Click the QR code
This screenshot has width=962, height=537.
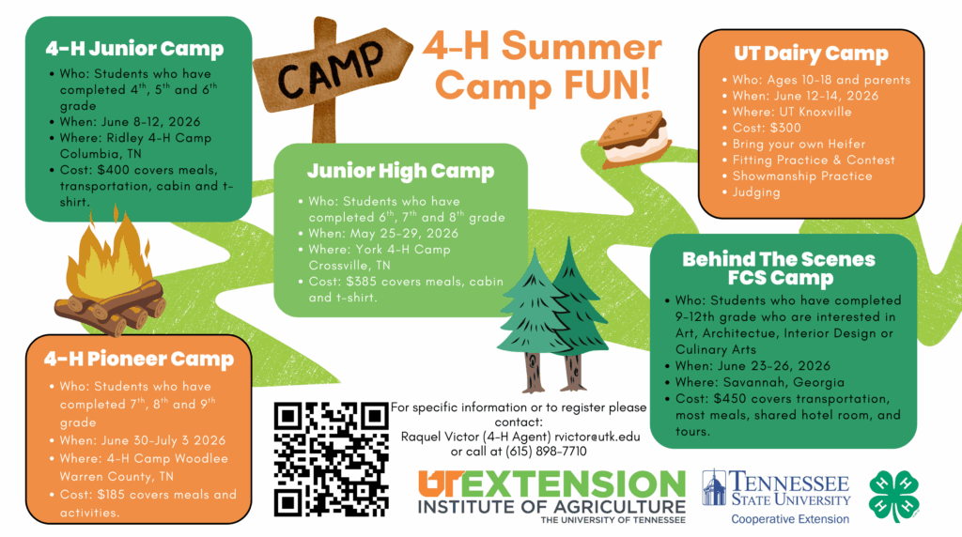332,459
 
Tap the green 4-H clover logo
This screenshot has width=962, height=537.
894,496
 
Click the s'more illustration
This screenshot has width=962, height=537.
634,139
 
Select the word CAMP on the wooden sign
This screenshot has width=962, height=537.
332,71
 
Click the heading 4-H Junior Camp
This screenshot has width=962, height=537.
134,49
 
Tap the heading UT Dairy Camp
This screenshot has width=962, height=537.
811,54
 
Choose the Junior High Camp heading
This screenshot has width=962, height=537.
400,171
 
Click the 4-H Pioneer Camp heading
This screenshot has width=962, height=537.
139,359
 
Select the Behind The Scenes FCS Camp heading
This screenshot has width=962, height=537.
779,268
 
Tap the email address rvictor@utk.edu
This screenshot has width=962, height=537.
597,437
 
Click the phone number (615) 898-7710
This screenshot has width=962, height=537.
546,452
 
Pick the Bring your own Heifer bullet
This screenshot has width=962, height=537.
799,144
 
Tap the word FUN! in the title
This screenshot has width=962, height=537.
607,85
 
